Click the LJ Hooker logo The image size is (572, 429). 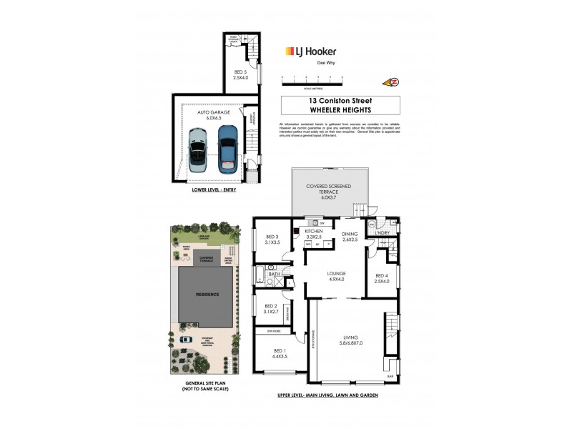(311, 51)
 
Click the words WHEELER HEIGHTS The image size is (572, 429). (324, 110)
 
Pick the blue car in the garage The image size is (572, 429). (227, 147)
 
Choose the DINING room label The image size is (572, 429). (350, 236)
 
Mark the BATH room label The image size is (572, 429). (275, 274)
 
